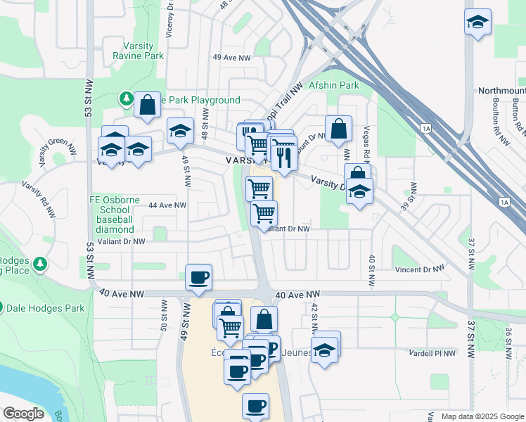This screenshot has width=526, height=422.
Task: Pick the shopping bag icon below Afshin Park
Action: click(x=338, y=129)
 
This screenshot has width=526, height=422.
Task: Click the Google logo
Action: click(x=23, y=414)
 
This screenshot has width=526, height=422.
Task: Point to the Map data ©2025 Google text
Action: click(x=482, y=416)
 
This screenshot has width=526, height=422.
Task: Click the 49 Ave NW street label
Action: click(x=232, y=57)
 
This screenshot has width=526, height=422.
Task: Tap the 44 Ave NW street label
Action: click(x=167, y=205)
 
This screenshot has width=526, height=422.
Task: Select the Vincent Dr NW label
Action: click(x=419, y=269)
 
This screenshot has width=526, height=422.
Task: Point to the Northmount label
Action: click(x=501, y=91)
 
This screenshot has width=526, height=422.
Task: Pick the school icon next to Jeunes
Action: click(x=324, y=348)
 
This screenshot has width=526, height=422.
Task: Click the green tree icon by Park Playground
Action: click(x=127, y=99)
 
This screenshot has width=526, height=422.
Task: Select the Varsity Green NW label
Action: click(x=58, y=151)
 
